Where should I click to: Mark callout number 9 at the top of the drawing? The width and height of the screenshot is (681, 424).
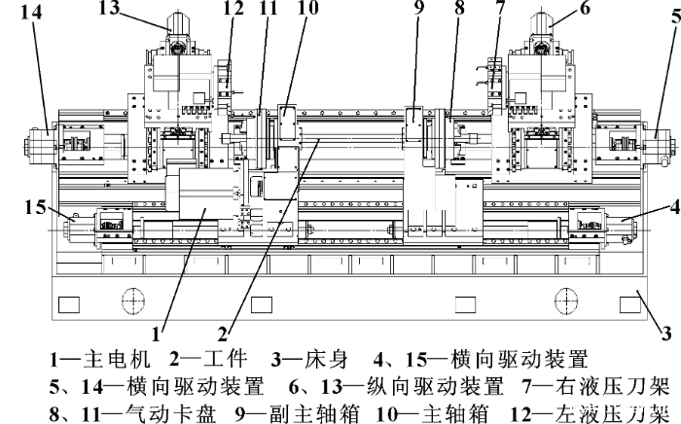[418, 9]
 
